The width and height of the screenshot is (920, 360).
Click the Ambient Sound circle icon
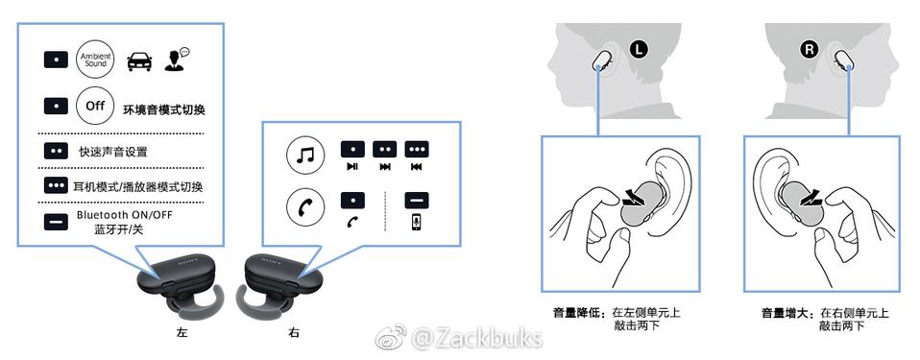pyautogui.click(x=94, y=60)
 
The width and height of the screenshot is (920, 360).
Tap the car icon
pyautogui.click(x=139, y=61)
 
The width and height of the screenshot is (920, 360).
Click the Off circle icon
pyautogui.click(x=94, y=107)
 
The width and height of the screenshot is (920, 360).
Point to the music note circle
pyautogui.click(x=305, y=156)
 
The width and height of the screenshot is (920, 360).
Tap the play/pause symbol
pyautogui.click(x=352, y=166)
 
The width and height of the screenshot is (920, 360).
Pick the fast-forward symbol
pyautogui.click(x=385, y=166)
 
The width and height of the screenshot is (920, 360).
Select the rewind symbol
pyautogui.click(x=417, y=166)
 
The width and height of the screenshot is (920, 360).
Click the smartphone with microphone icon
pyautogui.click(x=416, y=222)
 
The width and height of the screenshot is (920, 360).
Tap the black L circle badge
pyautogui.click(x=639, y=50)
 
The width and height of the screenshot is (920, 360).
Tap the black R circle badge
pyautogui.click(x=810, y=50)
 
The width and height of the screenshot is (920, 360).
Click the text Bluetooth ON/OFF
pyautogui.click(x=125, y=215)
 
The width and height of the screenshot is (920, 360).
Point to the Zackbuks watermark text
pyautogui.click(x=475, y=338)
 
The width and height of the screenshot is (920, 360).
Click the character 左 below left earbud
pyautogui.click(x=182, y=333)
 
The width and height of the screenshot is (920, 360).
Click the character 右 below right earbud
pyautogui.click(x=294, y=333)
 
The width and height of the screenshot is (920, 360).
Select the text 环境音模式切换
pyautogui.click(x=163, y=109)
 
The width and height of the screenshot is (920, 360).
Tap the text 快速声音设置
pyautogui.click(x=113, y=152)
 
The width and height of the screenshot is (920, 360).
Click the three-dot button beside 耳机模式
pyautogui.click(x=56, y=185)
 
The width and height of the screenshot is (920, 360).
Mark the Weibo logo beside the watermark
pyautogui.click(x=392, y=337)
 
